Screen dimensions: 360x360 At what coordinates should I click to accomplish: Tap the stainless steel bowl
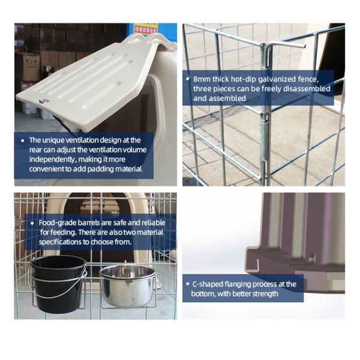128,286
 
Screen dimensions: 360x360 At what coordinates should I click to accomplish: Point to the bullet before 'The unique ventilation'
23,140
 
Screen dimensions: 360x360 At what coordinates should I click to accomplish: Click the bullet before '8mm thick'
188,79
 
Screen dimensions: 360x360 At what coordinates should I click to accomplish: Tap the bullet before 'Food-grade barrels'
32,223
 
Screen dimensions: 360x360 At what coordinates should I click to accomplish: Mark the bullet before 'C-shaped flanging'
188,284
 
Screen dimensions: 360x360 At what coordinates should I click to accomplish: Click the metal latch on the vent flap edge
44,101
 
